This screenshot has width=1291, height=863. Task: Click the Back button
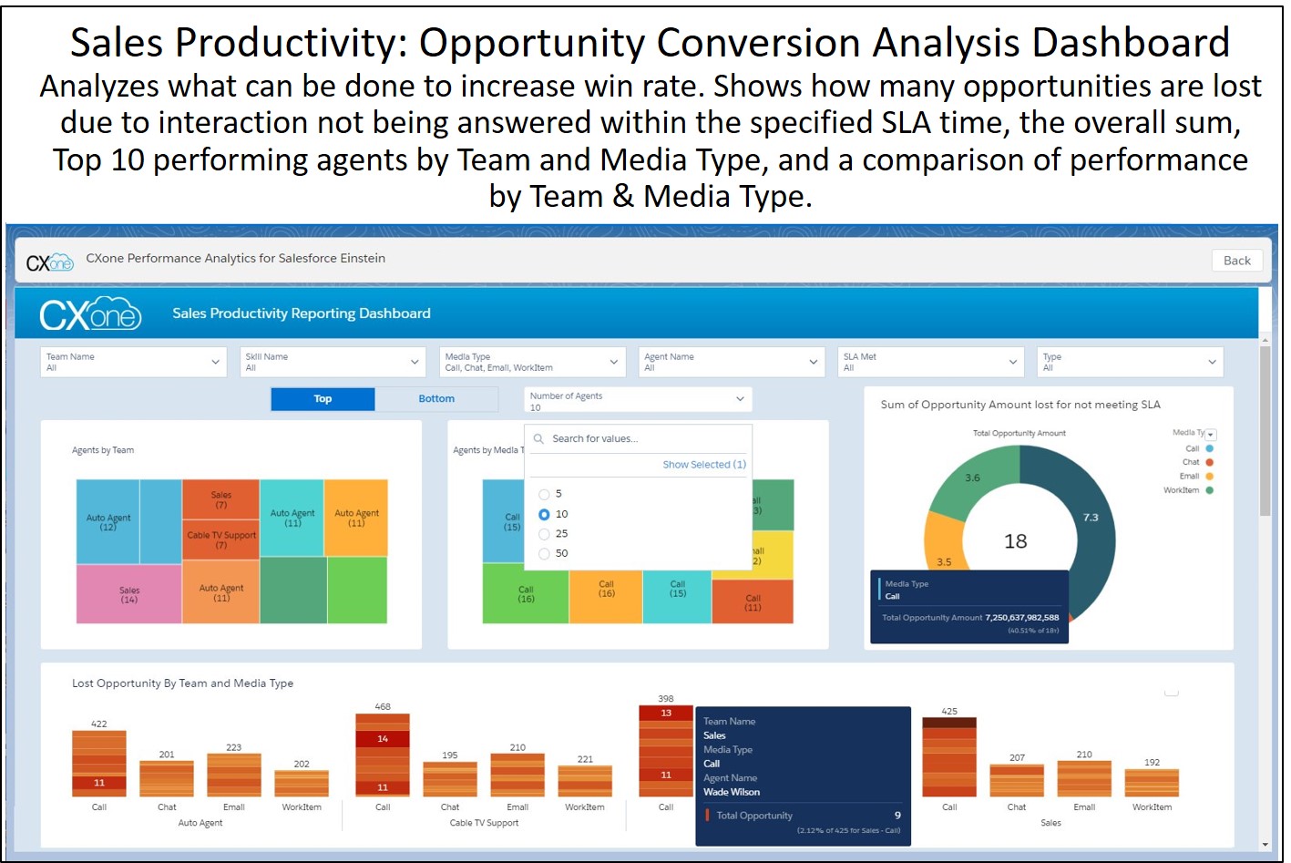coord(1236,261)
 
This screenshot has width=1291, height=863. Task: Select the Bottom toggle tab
coord(436,399)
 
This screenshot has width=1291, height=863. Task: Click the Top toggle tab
coord(323,399)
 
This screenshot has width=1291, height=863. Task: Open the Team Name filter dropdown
coord(133,362)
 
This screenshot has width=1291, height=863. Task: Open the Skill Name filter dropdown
coord(333,362)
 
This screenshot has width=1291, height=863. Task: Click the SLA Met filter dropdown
coord(930,362)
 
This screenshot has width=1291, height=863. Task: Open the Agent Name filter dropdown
coord(731,362)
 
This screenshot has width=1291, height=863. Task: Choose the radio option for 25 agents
coord(545,534)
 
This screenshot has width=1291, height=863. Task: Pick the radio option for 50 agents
coord(545,554)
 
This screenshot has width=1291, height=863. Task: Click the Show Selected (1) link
coord(703,465)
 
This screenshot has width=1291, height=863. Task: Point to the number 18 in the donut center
coord(1015,542)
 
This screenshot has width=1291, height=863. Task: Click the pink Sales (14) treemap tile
coord(129,595)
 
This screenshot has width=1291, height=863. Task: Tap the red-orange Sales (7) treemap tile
coord(221,499)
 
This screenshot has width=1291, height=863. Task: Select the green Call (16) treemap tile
coord(526,594)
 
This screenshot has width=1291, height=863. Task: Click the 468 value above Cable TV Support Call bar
coord(383,706)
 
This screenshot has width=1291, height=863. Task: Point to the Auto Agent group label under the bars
coord(200,823)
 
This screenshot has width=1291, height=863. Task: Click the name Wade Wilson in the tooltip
coord(732,792)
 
